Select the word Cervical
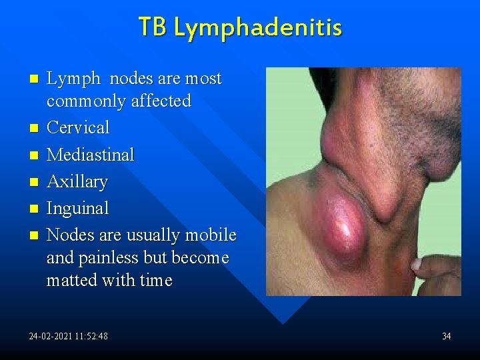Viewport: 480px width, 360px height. (77, 127)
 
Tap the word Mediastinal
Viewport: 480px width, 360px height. (90, 155)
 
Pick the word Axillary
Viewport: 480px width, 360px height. (77, 182)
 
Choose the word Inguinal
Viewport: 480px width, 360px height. (77, 209)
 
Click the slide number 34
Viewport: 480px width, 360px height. (447, 336)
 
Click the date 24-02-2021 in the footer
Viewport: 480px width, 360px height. (49, 336)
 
